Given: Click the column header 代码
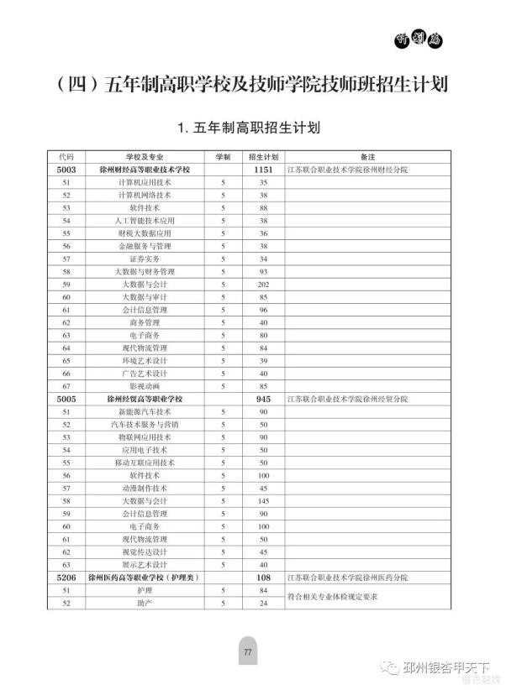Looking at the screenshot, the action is point(66,157).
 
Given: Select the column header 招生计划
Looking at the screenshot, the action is point(263,157).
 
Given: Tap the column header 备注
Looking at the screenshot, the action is point(366,157).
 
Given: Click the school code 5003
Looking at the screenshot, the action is point(66,170).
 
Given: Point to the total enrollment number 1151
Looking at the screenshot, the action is point(263,170).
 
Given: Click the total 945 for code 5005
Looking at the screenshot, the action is point(263,399).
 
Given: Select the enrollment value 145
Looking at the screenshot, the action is point(263,500).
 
